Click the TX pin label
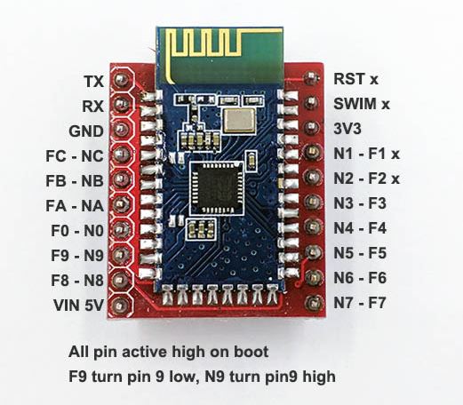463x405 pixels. [94, 81]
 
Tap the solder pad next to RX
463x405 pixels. [121, 104]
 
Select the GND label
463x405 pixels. [86, 131]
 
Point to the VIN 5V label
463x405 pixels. [78, 305]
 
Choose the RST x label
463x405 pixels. [355, 79]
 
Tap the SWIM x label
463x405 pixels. [362, 104]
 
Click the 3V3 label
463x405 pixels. [347, 129]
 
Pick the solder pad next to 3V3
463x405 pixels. [311, 127]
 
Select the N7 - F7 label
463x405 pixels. [360, 303]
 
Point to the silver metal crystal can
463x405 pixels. [239, 120]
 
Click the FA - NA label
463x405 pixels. [75, 206]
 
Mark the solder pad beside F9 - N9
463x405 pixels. [120, 254]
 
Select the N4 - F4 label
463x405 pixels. [360, 228]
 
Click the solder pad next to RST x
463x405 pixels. [311, 77]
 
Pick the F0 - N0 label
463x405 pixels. [77, 231]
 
